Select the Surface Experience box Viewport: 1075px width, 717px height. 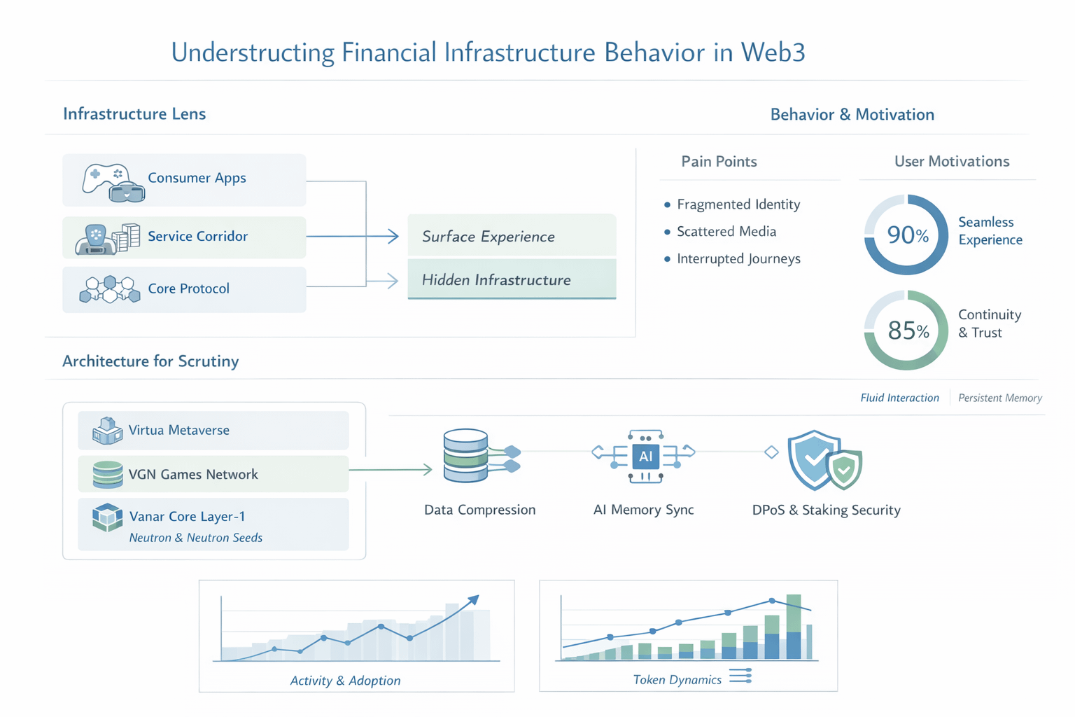pos(511,236)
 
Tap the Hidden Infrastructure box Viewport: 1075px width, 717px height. pos(511,279)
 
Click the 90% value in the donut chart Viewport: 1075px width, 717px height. pos(907,235)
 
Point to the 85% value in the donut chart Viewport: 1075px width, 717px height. pos(907,330)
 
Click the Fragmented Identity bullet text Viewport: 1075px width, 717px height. pos(738,204)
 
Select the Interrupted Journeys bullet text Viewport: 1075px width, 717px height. pos(738,258)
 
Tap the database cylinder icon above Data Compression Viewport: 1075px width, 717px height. pos(466,456)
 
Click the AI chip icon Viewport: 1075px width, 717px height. pos(645,457)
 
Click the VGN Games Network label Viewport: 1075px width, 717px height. pos(193,474)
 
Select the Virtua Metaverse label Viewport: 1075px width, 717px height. pos(178,430)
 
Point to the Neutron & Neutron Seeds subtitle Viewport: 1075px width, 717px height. pos(196,538)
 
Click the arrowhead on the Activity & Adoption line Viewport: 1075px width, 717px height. pos(474,600)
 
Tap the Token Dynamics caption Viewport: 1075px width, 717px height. pos(677,679)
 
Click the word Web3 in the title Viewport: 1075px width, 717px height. pos(773,53)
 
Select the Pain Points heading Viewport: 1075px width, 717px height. pos(719,162)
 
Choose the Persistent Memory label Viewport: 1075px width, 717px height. pos(999,398)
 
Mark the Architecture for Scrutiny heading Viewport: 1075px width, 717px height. pos(150,361)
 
